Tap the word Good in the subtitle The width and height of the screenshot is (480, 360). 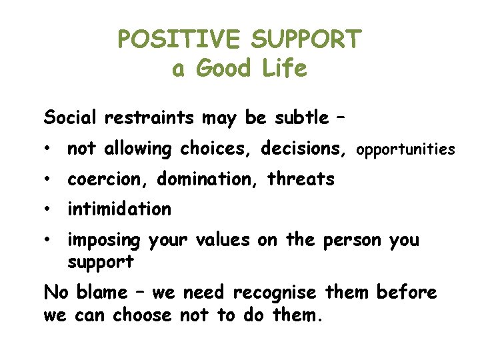(223, 69)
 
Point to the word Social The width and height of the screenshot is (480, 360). (71, 118)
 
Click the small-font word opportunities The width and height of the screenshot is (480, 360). (406, 150)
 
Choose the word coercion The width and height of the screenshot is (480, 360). (109, 179)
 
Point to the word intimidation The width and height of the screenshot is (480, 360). (119, 209)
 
